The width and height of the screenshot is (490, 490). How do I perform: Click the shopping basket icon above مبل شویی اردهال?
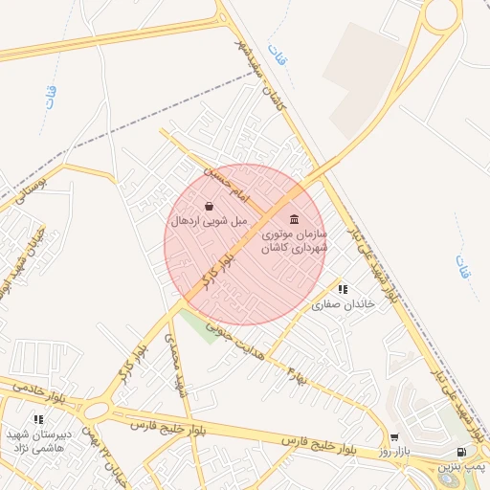click(210, 206)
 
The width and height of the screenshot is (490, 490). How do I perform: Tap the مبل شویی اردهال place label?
click(210, 221)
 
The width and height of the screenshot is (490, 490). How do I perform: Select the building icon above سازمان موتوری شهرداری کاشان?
click(294, 219)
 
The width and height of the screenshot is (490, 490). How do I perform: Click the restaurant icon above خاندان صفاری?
click(343, 288)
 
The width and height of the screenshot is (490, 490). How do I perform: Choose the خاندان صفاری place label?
click(343, 302)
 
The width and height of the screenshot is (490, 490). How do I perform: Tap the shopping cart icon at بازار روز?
click(393, 437)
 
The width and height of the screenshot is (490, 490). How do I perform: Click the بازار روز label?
click(393, 451)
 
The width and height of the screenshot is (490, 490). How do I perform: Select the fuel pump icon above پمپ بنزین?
click(463, 453)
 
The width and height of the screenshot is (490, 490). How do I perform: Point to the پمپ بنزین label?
click(463, 466)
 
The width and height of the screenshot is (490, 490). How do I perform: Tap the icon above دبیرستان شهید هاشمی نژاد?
click(38, 419)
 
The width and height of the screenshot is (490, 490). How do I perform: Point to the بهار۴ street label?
click(298, 372)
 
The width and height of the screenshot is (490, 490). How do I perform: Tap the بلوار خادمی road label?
click(37, 389)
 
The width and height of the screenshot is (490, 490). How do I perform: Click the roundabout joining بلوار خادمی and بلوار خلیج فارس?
click(96, 412)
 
